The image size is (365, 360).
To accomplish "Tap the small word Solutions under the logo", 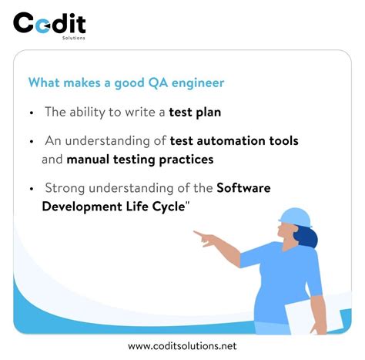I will [x=75, y=36].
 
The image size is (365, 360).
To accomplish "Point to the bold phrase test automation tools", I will [x=236, y=141].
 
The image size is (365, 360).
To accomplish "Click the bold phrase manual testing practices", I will [x=139, y=160].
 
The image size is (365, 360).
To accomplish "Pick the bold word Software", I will [x=243, y=188].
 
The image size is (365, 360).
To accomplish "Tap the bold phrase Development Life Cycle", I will [x=112, y=207].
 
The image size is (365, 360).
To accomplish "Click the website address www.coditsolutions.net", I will [x=182, y=346].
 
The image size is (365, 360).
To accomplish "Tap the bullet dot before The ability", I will [x=32, y=113].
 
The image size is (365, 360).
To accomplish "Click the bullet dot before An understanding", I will [x=32, y=142].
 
